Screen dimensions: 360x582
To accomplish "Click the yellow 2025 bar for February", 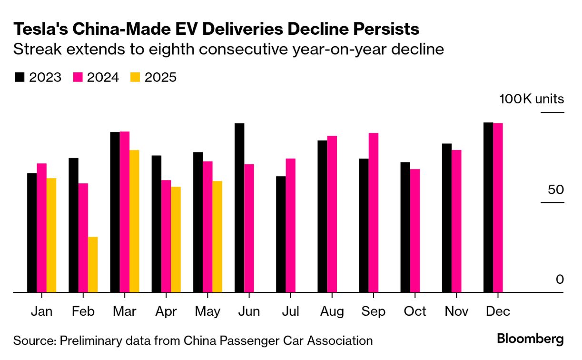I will pos(93,264).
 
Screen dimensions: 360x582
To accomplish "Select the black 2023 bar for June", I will pos(239,208).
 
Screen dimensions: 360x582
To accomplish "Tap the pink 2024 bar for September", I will pos(374,212).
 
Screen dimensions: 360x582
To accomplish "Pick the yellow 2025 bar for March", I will pos(134,221).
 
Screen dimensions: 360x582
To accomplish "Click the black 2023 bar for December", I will pos(488,207).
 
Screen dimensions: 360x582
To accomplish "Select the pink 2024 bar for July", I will pos(290,225).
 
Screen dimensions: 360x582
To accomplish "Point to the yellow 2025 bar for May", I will pos(217,236).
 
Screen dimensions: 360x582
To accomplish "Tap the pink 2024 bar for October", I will pos(415,230).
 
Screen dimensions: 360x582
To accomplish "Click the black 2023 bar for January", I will pos(32,232).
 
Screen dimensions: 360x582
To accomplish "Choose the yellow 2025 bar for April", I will pos(176,239).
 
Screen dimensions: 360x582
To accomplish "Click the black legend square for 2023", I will pos(20,78).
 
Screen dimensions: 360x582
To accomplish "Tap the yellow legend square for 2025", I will pos(135,78).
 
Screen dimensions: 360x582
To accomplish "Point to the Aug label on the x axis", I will pos(331,311).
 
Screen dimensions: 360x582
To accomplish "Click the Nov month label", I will pos(456,311).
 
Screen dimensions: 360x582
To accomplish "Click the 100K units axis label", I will pos(531,99).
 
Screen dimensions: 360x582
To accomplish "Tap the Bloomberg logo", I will pos(530,339).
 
